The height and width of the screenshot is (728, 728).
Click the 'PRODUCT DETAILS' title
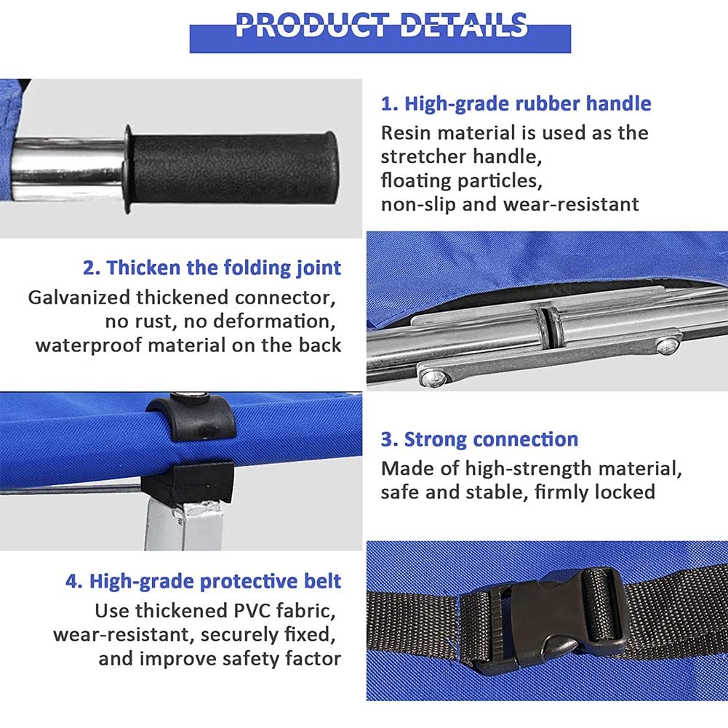(x=380, y=25)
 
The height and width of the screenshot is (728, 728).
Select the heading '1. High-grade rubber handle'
(x=516, y=104)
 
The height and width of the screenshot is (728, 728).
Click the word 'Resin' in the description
(x=405, y=133)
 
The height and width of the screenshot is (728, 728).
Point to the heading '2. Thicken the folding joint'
(x=212, y=268)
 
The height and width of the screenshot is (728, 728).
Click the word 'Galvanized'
(x=79, y=297)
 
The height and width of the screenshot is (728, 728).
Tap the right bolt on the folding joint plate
(x=667, y=345)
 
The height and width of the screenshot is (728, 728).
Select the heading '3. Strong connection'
(x=479, y=439)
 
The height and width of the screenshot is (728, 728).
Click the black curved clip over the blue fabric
(x=191, y=418)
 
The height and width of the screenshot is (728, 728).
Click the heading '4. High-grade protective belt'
(x=204, y=582)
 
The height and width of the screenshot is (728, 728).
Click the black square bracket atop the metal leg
(x=188, y=482)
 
